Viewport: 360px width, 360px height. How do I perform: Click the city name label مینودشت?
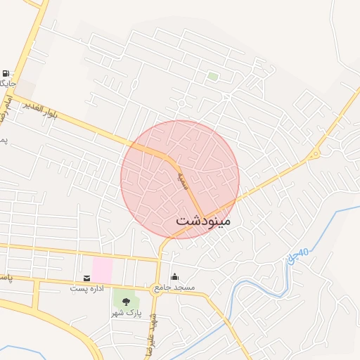click(x=202, y=220)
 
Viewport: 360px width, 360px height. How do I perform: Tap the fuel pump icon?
click(x=6, y=73)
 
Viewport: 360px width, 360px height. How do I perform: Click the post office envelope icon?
click(x=86, y=278)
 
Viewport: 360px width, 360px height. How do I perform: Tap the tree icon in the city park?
click(x=125, y=302)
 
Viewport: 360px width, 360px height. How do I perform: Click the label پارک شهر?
click(x=127, y=312)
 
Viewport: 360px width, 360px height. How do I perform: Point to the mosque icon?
click(x=174, y=276)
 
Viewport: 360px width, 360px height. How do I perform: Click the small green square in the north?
click(x=212, y=76)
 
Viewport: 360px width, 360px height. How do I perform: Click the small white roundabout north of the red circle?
click(x=181, y=103)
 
